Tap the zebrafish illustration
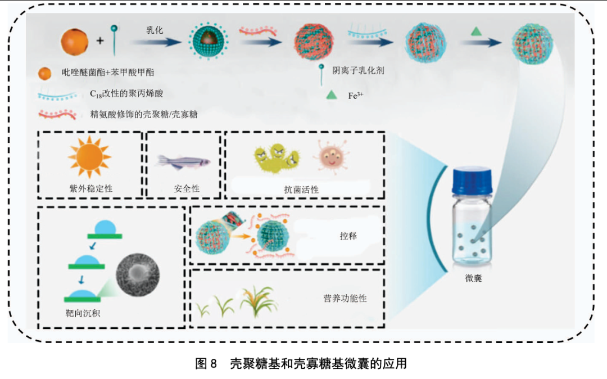[x=183, y=162]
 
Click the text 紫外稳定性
[x=90, y=188]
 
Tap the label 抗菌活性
[x=301, y=189]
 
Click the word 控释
[x=348, y=236]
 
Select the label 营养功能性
[x=345, y=298]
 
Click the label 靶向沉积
[x=83, y=313]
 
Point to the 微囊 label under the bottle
[x=473, y=278]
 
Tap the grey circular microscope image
[x=137, y=275]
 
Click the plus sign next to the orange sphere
[x=100, y=40]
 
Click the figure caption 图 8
[x=205, y=363]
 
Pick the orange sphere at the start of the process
[x=75, y=42]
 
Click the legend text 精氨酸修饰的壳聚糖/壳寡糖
[x=143, y=114]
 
